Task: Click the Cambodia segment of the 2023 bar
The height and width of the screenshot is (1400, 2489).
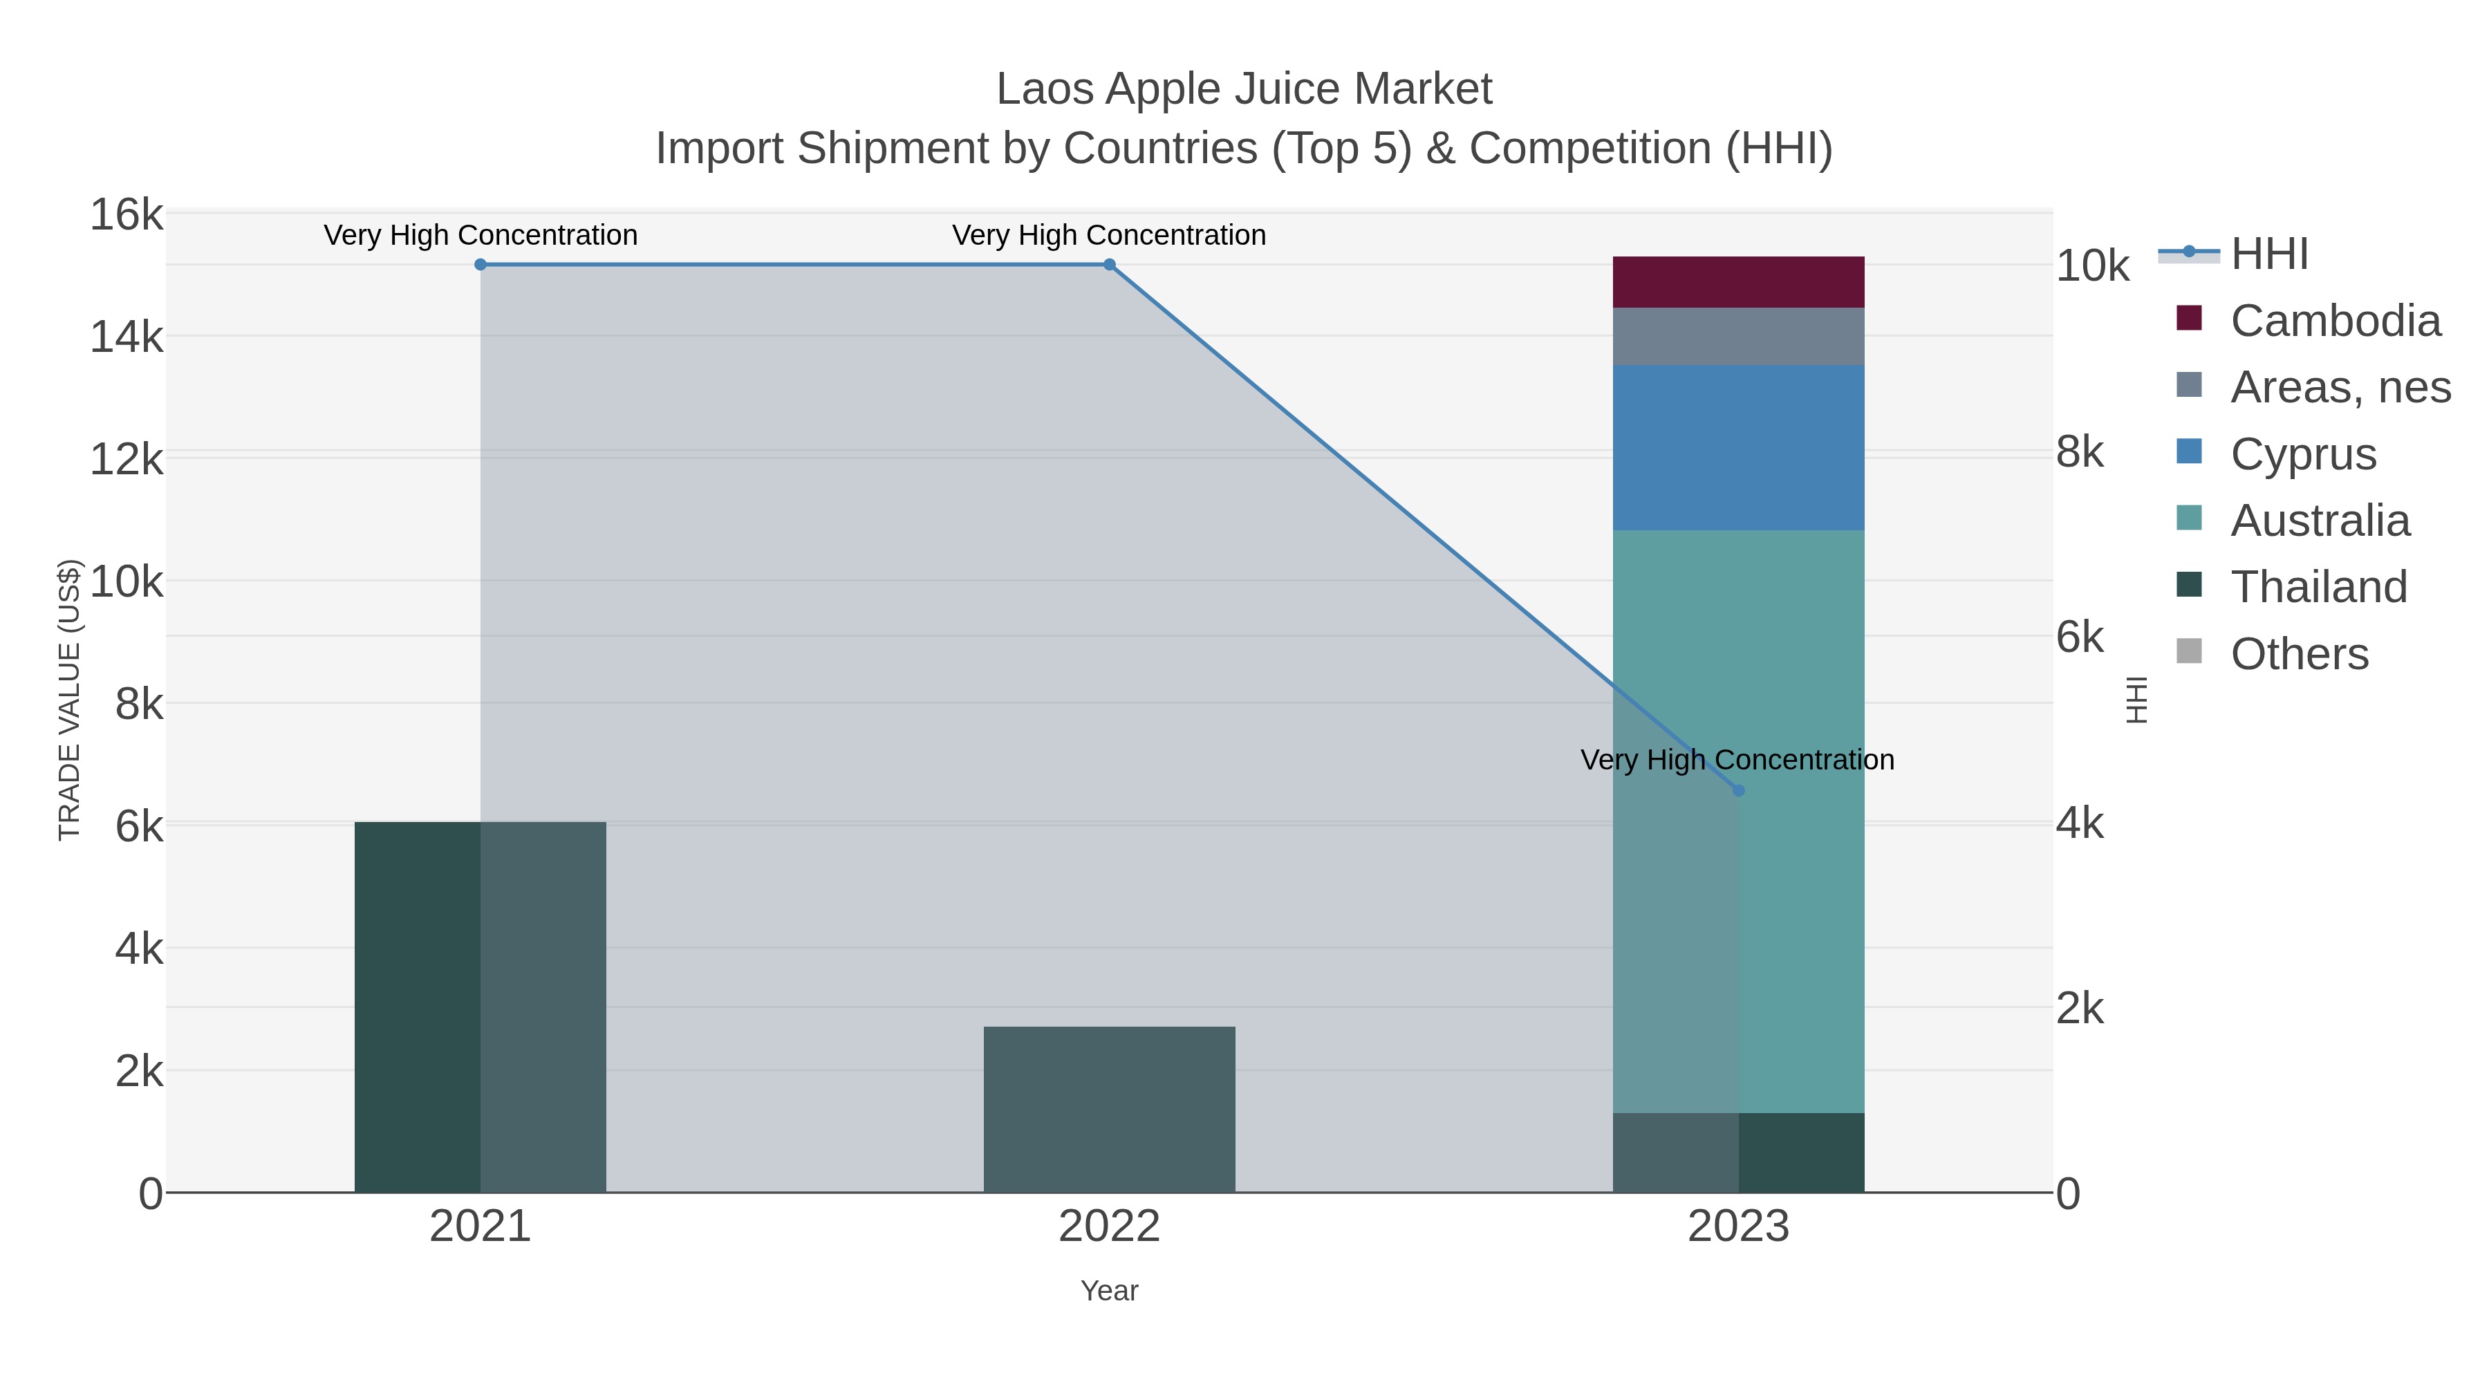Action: tap(1737, 281)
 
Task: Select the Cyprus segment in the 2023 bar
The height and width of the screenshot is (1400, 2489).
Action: tap(1737, 447)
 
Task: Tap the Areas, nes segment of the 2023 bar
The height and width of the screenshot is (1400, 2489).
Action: tap(1737, 336)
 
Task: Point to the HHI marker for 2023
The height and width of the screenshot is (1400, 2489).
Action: tap(1738, 790)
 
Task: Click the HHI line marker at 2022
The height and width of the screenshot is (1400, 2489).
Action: tap(1109, 265)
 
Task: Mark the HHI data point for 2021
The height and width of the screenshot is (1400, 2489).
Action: tap(481, 265)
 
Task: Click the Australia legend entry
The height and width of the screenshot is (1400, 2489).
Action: tap(2319, 521)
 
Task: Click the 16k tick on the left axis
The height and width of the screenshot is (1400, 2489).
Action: tap(127, 214)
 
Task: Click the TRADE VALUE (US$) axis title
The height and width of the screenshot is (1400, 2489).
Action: tap(70, 700)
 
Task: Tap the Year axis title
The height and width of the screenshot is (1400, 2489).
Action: tap(1109, 1291)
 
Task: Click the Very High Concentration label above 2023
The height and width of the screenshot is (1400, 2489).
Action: tap(1736, 760)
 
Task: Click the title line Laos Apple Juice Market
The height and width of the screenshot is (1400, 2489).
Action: tap(1244, 89)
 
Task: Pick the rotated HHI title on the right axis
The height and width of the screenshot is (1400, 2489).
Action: tap(2136, 700)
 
